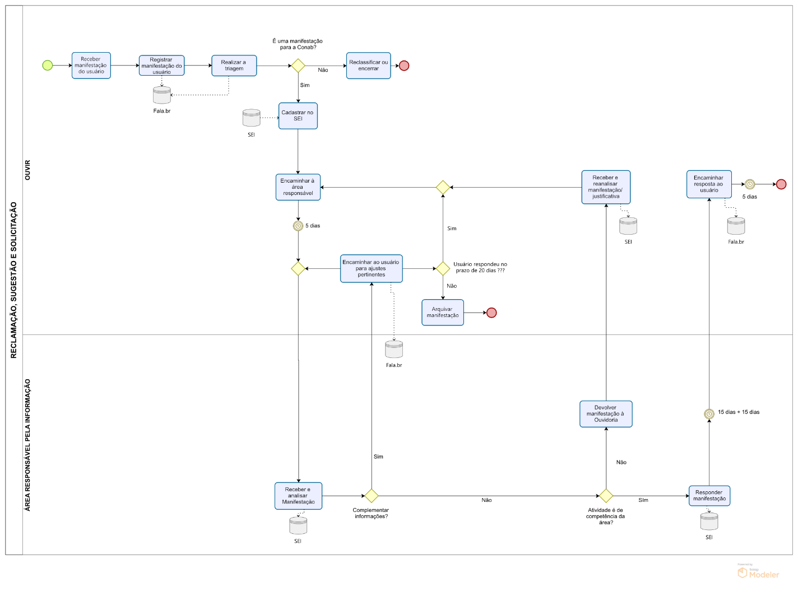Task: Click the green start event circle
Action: pos(48,66)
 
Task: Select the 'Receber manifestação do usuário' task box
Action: pos(91,66)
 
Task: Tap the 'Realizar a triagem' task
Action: pos(234,66)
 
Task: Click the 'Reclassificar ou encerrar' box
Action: pos(368,66)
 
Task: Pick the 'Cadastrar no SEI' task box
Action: pos(298,116)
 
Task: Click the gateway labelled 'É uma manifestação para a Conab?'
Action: pos(298,66)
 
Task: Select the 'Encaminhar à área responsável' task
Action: pos(298,187)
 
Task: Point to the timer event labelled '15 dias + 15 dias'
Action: pos(709,414)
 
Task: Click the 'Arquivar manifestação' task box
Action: pos(442,313)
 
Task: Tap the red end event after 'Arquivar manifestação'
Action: pos(491,313)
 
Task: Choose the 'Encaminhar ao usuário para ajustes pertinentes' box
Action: pos(371,269)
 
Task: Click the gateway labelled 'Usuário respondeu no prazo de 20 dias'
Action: pos(443,269)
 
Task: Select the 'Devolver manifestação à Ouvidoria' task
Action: pos(606,414)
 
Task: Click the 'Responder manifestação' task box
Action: pos(709,496)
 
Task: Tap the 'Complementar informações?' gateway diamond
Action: pos(372,496)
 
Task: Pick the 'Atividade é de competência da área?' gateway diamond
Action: pos(606,496)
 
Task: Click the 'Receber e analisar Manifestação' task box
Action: pos(298,496)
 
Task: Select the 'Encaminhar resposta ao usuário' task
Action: pos(709,184)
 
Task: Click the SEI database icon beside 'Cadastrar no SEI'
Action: pos(251,118)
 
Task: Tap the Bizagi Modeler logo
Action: pos(758,573)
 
